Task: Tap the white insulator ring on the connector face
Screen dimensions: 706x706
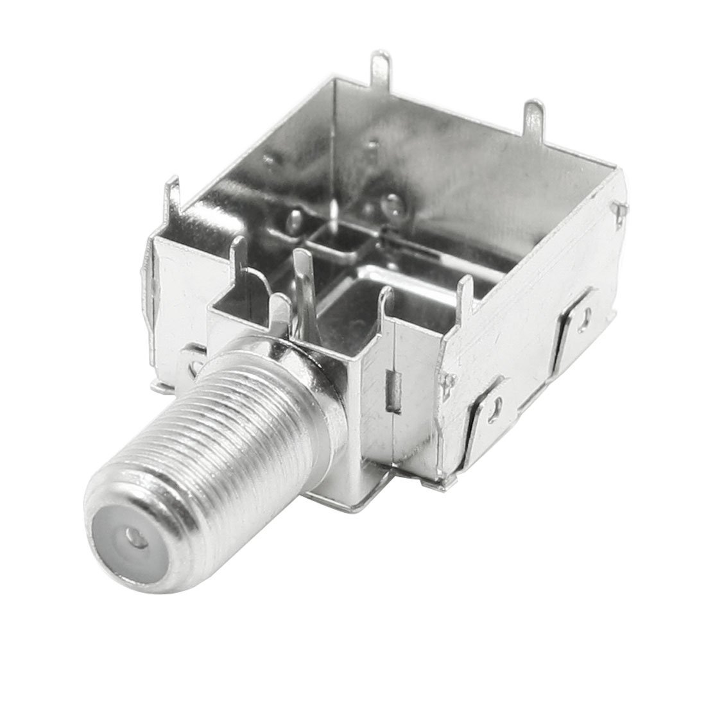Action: tap(122, 546)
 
